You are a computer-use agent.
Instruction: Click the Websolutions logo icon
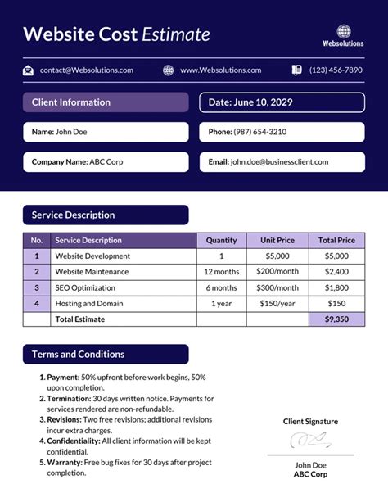pyautogui.click(x=343, y=30)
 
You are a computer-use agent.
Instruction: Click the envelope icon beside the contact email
pyautogui.click(x=28, y=70)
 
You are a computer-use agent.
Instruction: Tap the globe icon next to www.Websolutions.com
pyautogui.click(x=169, y=70)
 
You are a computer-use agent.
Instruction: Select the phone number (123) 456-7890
pyautogui.click(x=336, y=70)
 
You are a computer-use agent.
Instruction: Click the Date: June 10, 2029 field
pyautogui.click(x=282, y=102)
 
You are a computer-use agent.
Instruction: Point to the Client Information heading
pyautogui.click(x=71, y=102)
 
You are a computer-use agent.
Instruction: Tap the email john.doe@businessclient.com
pyautogui.click(x=279, y=162)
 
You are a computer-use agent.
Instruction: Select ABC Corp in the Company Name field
pyautogui.click(x=107, y=162)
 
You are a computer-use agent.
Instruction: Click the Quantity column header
pyautogui.click(x=221, y=241)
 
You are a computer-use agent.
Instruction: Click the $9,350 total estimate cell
pyautogui.click(x=336, y=319)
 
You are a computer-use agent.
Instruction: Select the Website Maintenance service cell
pyautogui.click(x=92, y=272)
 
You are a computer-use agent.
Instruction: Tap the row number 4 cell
pyautogui.click(x=37, y=303)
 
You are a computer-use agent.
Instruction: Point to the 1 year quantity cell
pyautogui.click(x=221, y=303)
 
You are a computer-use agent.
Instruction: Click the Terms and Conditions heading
pyautogui.click(x=78, y=355)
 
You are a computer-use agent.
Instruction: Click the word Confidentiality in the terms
pyautogui.click(x=74, y=441)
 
